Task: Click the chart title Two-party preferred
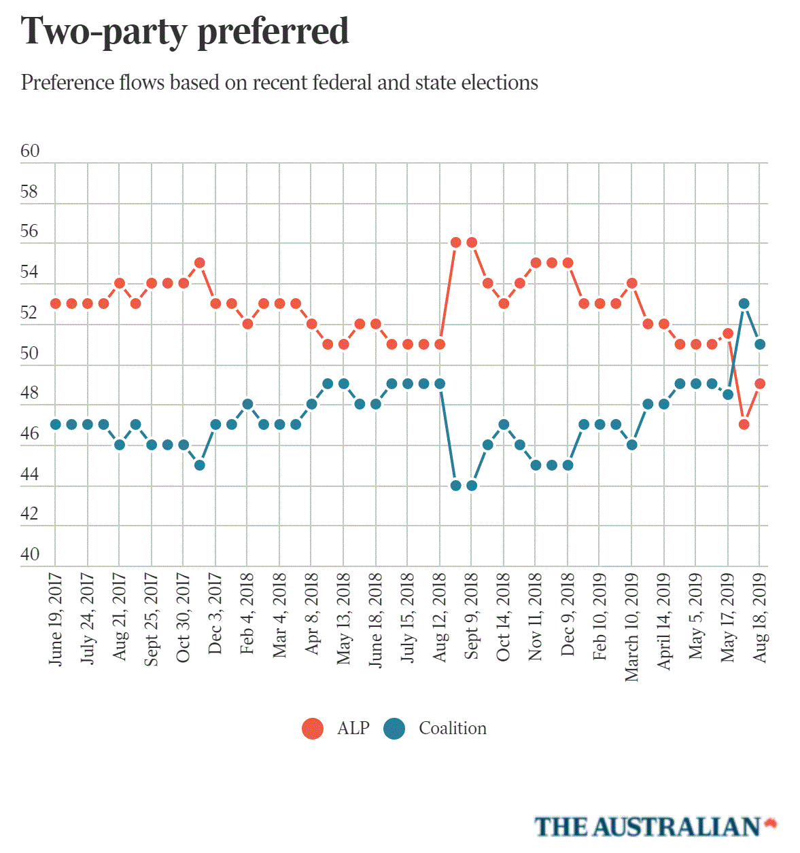click(185, 32)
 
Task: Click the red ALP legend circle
click(313, 729)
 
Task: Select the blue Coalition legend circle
click(394, 729)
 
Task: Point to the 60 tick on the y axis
click(30, 151)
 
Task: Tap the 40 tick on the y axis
click(30, 554)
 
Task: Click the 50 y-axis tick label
click(30, 353)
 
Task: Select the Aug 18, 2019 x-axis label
click(760, 617)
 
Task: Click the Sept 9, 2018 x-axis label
click(472, 616)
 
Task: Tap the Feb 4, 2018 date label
click(247, 614)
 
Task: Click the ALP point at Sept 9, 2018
click(472, 242)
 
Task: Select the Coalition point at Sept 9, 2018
click(472, 486)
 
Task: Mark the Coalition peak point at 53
click(744, 304)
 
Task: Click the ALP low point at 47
click(744, 424)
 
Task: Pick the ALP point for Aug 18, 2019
click(760, 384)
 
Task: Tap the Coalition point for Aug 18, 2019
click(760, 344)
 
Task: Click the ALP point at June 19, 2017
click(56, 304)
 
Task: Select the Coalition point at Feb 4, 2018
click(247, 404)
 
